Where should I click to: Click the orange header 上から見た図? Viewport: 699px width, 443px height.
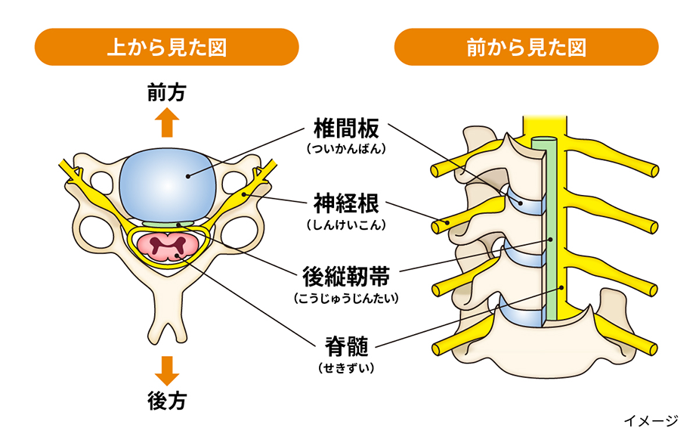point(167,47)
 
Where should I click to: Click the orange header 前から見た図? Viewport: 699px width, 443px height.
point(527,47)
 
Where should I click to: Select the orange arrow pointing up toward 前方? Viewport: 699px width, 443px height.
point(167,121)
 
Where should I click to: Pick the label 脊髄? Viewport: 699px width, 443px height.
point(346,348)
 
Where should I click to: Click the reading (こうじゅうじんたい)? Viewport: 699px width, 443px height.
point(345,298)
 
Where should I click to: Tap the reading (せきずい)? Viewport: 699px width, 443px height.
point(346,369)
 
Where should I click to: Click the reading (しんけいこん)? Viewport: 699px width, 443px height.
point(346,225)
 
